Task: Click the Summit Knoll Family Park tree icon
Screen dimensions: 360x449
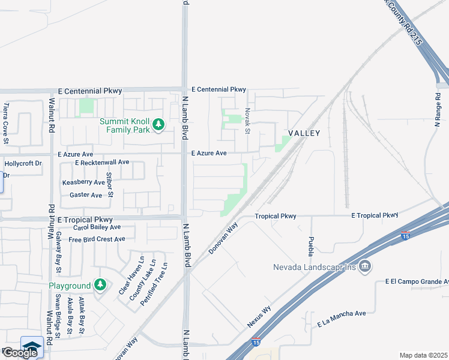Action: click(158, 125)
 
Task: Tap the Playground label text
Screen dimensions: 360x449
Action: click(70, 286)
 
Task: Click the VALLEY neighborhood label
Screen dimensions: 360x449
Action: click(304, 133)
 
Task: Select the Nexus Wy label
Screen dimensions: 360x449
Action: click(259, 317)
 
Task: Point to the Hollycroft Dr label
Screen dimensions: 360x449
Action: click(23, 163)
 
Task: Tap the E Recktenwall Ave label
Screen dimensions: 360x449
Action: click(102, 162)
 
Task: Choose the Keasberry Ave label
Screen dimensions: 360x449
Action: click(83, 182)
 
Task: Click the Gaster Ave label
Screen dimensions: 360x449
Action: click(86, 195)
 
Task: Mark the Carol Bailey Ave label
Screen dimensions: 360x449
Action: click(97, 227)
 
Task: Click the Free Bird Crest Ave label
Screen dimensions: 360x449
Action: click(97, 239)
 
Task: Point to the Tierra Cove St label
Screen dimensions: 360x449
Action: click(5, 124)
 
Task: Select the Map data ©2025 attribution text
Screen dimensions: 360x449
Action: click(424, 355)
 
